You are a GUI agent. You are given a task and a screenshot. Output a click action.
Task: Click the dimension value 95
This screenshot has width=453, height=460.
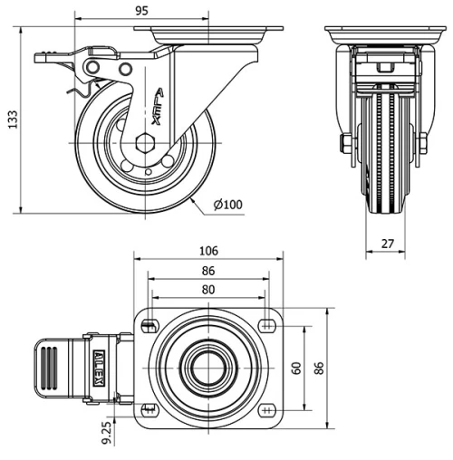141,11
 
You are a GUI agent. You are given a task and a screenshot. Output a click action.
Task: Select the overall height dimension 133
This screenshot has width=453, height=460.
12,120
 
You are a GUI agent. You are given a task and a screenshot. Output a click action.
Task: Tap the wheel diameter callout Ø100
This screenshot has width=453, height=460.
227,205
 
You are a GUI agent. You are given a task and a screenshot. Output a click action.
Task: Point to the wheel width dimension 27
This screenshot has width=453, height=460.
388,243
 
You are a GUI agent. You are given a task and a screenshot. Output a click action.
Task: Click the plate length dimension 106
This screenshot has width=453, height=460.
209,251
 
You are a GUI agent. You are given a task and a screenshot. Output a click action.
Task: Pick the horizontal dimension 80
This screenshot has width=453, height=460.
209,290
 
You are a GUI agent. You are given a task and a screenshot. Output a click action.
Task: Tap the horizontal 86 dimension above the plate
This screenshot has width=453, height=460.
209,270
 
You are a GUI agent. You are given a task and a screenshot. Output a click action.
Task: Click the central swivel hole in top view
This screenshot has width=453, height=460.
209,368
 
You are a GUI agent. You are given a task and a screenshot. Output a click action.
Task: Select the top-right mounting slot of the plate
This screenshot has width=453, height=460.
268,324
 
